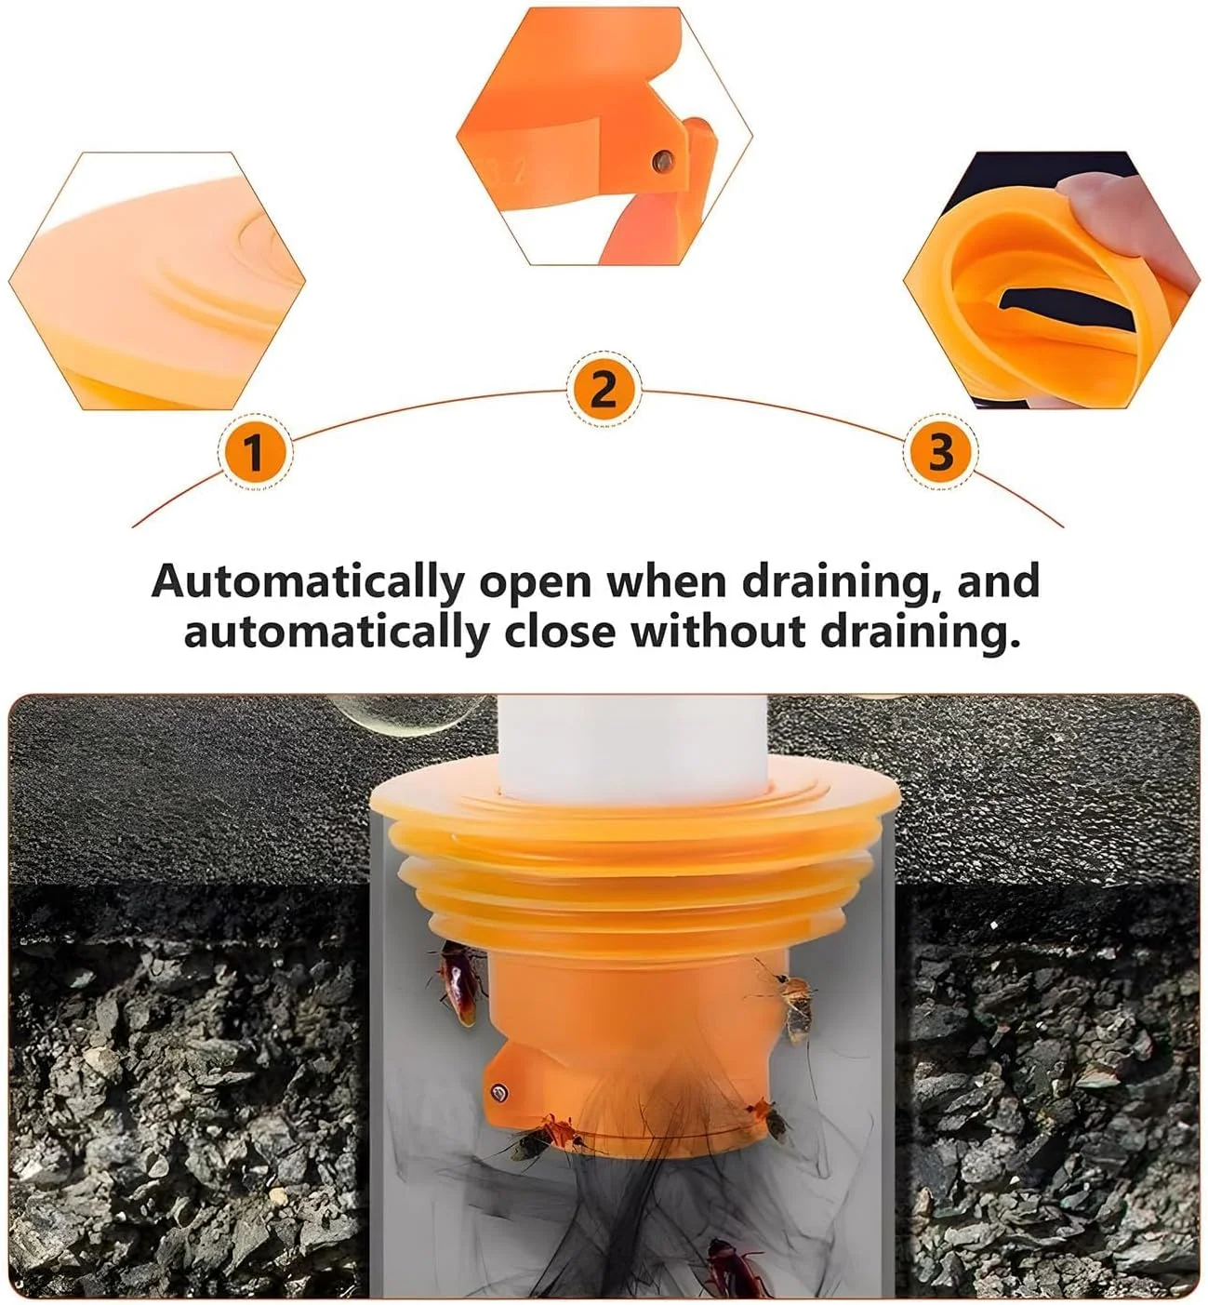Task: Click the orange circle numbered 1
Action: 255,451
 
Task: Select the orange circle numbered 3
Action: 940,451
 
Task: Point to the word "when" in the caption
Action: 667,580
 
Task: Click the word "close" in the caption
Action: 561,631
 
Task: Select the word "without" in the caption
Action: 718,631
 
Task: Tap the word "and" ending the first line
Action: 999,580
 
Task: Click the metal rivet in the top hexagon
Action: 664,160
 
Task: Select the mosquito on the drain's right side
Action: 788,1001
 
